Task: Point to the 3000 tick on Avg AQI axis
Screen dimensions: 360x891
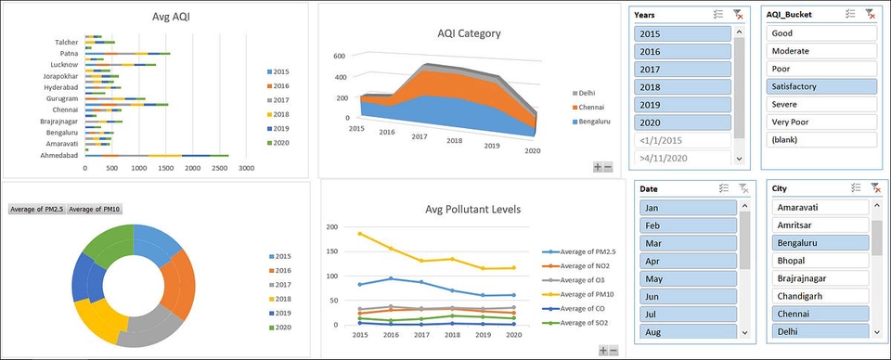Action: [x=246, y=168]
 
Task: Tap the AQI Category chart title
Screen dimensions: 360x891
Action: [x=469, y=33]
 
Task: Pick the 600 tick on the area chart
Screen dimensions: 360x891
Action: [x=340, y=57]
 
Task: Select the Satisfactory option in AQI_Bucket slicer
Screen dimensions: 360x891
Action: [x=820, y=86]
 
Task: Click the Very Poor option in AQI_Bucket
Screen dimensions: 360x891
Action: [x=820, y=122]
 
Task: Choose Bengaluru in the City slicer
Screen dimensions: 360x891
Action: [x=820, y=243]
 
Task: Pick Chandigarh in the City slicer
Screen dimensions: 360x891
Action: [x=820, y=296]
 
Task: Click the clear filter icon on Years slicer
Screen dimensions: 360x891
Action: [x=738, y=14]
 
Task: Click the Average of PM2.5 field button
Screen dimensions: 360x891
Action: [x=36, y=210]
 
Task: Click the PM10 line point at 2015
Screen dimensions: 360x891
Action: [x=359, y=233]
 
